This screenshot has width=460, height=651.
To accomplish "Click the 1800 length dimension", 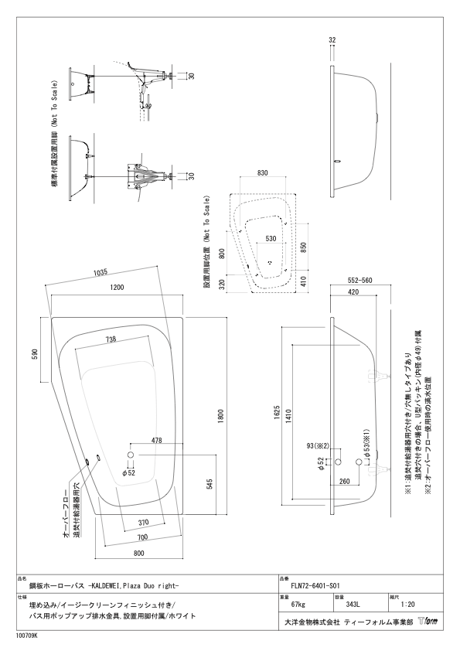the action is (220, 417).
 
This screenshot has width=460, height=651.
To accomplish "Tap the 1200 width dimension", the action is (117, 288).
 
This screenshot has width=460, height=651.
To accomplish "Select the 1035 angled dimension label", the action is (101, 272).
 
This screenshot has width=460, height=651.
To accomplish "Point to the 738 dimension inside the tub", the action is (110, 339).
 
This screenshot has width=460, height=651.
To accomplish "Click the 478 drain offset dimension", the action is (156, 441).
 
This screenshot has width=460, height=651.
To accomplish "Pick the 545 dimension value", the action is (210, 485).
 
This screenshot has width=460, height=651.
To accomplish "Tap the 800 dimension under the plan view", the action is (138, 553).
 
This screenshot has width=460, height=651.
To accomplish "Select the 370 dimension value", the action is (143, 523).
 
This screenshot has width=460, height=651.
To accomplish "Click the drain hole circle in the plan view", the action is (131, 455).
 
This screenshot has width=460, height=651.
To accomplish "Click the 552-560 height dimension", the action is (360, 280).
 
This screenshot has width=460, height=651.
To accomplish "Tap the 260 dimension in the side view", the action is (345, 482).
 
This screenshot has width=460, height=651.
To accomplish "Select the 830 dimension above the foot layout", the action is (262, 173).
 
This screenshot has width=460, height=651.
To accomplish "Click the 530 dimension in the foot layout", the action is (271, 239).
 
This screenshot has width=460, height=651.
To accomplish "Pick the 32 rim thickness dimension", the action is (332, 40).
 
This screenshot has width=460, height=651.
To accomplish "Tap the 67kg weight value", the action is (298, 605).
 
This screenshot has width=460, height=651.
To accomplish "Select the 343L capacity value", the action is (353, 605).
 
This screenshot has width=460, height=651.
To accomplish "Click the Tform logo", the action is (428, 622).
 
